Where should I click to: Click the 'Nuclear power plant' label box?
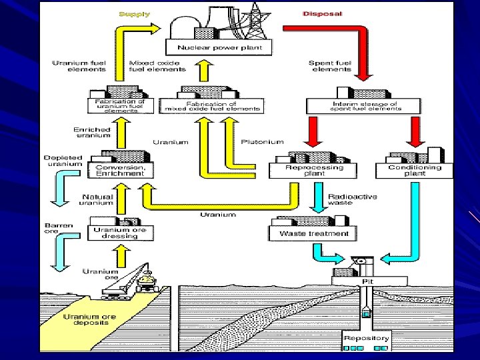[219, 47]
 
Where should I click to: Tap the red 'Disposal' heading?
[323, 13]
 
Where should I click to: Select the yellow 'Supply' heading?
[134, 13]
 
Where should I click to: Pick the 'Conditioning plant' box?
[415, 171]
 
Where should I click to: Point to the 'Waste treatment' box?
[313, 233]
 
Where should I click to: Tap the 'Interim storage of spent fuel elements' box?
[363, 106]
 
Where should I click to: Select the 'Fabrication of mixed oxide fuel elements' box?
[211, 106]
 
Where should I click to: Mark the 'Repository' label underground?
[366, 338]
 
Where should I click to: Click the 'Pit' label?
[367, 282]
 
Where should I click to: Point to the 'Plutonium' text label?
[262, 141]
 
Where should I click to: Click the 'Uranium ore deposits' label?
[89, 320]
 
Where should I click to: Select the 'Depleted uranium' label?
[63, 161]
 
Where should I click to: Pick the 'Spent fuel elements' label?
[329, 66]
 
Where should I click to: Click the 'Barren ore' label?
[51, 228]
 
